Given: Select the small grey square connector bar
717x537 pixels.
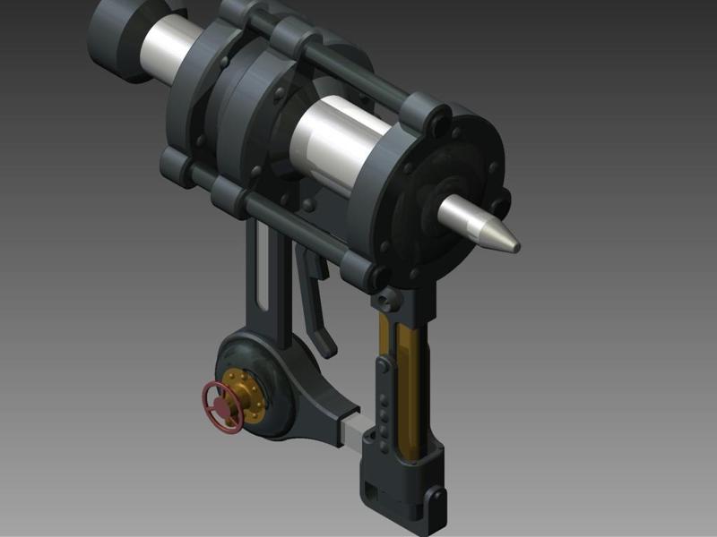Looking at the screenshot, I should (x=351, y=430).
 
